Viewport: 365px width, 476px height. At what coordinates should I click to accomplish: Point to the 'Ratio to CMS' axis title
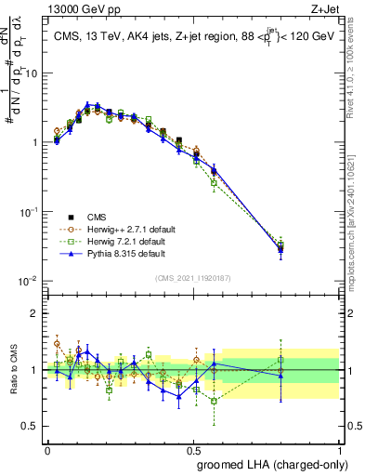[13, 370]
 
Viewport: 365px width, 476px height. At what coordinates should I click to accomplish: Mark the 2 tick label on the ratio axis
[33, 313]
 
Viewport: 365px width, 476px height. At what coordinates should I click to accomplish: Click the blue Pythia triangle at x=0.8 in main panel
[280, 248]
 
